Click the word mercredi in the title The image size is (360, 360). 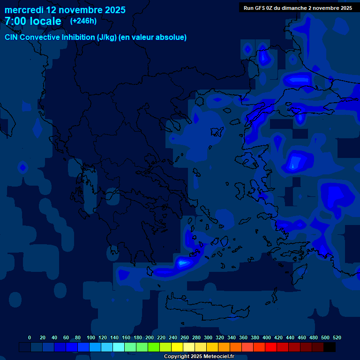pyautogui.click(x=24, y=10)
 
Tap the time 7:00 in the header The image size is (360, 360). pyautogui.click(x=15, y=21)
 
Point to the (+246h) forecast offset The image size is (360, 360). pyautogui.click(x=83, y=21)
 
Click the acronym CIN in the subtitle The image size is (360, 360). pyautogui.click(x=12, y=37)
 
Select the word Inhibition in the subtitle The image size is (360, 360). pyautogui.click(x=78, y=37)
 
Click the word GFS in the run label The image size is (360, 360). pyautogui.click(x=259, y=8)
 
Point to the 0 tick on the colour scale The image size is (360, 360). pyautogui.click(x=30, y=337)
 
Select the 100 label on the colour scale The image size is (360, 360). pyautogui.click(x=91, y=337)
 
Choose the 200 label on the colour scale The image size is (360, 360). pyautogui.click(x=150, y=337)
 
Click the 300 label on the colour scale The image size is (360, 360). pyautogui.click(x=208, y=337)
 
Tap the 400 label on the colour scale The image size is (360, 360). pyautogui.click(x=267, y=337)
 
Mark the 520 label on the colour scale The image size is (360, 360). pyautogui.click(x=337, y=337)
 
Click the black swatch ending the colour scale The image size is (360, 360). pyautogui.click(x=330, y=347)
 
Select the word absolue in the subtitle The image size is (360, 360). pyautogui.click(x=171, y=37)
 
